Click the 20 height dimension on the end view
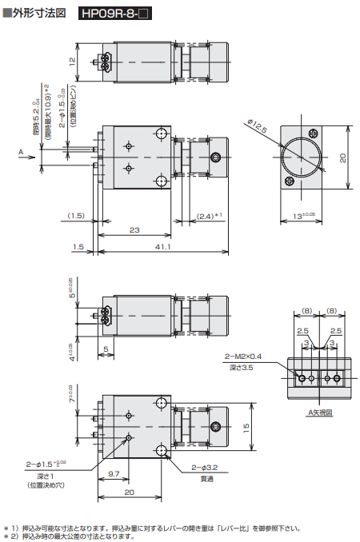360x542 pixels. point(343,157)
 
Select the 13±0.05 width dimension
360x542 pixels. point(304,216)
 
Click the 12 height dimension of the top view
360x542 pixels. point(72,62)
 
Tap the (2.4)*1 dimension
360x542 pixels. point(209,216)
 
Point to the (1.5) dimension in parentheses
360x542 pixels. point(76,216)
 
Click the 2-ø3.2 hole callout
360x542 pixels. point(205,468)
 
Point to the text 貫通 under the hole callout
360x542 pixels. point(205,480)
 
